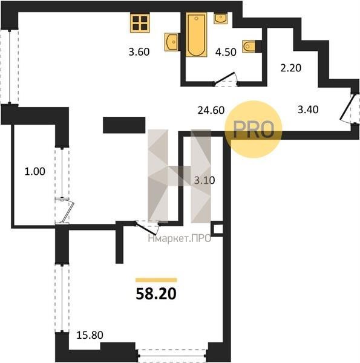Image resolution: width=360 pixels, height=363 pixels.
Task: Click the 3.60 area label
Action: pos(139,52)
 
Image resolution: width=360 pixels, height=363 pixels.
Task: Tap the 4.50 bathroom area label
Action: pos(226,52)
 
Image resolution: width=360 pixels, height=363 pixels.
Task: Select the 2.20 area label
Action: pos(291,68)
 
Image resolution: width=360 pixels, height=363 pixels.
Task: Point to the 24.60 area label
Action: pos(211,110)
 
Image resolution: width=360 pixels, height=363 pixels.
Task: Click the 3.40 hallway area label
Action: pos(308,110)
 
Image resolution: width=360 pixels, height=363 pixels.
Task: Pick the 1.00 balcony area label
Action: pos(34,172)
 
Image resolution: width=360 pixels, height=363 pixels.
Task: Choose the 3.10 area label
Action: pos(205,180)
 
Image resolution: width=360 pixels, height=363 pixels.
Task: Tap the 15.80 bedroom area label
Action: pos(90,335)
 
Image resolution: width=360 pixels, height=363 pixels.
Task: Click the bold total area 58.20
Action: pos(156,294)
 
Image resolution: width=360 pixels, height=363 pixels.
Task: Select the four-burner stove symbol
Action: pos(140,23)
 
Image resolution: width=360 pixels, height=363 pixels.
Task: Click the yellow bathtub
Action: pos(197,34)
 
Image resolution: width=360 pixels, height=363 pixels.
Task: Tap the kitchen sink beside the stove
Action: pos(172,42)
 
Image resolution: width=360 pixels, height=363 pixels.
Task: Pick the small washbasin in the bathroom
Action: pos(221,18)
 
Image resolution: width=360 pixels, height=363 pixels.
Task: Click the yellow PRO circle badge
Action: pos(254,129)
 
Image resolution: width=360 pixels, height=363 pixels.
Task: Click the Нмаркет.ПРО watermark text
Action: pos(180,238)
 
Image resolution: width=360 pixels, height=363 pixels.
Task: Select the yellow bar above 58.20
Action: pos(156,280)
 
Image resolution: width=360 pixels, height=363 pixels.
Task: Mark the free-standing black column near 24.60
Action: pos(124,125)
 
